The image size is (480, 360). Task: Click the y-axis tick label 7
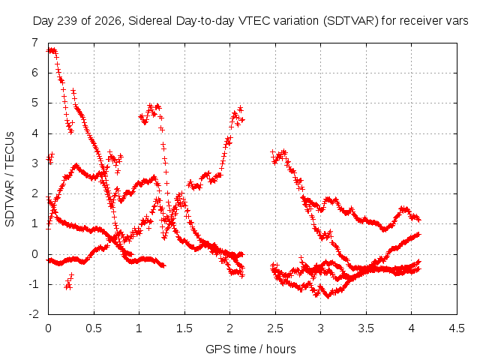pos(35,43)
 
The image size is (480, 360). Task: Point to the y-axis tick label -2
pos(34,314)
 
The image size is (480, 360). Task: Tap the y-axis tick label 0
pos(35,253)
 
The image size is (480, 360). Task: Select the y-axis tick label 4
pos(35,133)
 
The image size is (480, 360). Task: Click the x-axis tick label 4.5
pos(457,328)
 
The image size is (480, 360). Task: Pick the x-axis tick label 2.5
pos(275,328)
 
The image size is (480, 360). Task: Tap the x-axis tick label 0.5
pos(93,328)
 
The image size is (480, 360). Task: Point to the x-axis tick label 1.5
pos(184,328)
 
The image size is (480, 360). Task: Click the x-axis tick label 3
pos(320,328)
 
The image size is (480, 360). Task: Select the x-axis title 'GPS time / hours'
pos(250,349)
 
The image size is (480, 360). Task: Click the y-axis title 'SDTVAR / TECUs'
pos(10,179)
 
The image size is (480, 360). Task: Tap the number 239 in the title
pos(68,21)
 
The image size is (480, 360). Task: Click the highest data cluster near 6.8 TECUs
pos(52,50)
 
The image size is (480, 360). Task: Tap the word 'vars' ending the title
pos(457,21)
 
